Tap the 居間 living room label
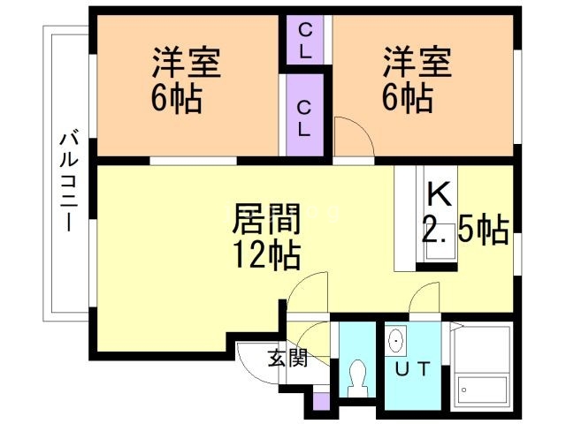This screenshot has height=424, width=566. pos(265,217)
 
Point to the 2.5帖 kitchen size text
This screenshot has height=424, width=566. pos(464,231)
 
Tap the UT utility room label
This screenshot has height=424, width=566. pos(413,369)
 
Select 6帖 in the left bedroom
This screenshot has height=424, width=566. pos(177,99)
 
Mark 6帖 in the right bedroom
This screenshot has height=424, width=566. pos(407,99)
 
